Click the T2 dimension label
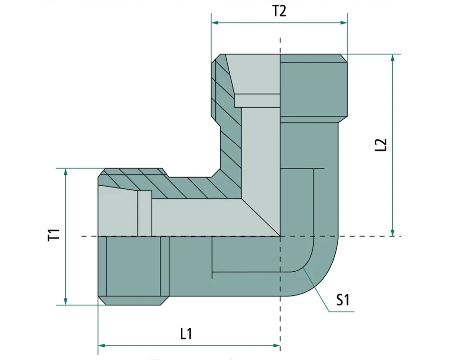[x=279, y=11]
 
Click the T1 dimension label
[x=54, y=235]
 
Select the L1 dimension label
[x=186, y=334]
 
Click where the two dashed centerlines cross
[x=280, y=236]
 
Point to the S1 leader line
[x=318, y=290]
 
